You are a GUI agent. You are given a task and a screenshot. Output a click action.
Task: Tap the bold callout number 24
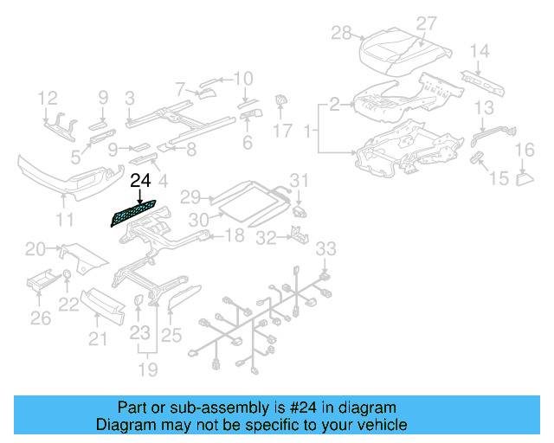coord(139,181)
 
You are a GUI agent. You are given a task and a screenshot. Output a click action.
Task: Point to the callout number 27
coord(427,23)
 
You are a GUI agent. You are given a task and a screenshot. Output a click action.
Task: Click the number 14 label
coord(479,50)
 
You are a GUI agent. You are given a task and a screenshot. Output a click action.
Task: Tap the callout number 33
coord(325,250)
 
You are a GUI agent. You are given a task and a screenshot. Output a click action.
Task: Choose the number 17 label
coord(283,132)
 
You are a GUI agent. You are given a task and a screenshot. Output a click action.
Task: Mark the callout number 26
coord(41,319)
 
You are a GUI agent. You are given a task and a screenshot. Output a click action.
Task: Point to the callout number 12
coord(47,97)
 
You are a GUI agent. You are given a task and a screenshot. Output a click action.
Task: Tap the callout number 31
coord(299,180)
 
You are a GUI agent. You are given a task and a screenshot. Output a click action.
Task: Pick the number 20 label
coord(35,250)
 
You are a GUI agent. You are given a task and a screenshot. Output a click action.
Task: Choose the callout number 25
coord(171,335)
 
